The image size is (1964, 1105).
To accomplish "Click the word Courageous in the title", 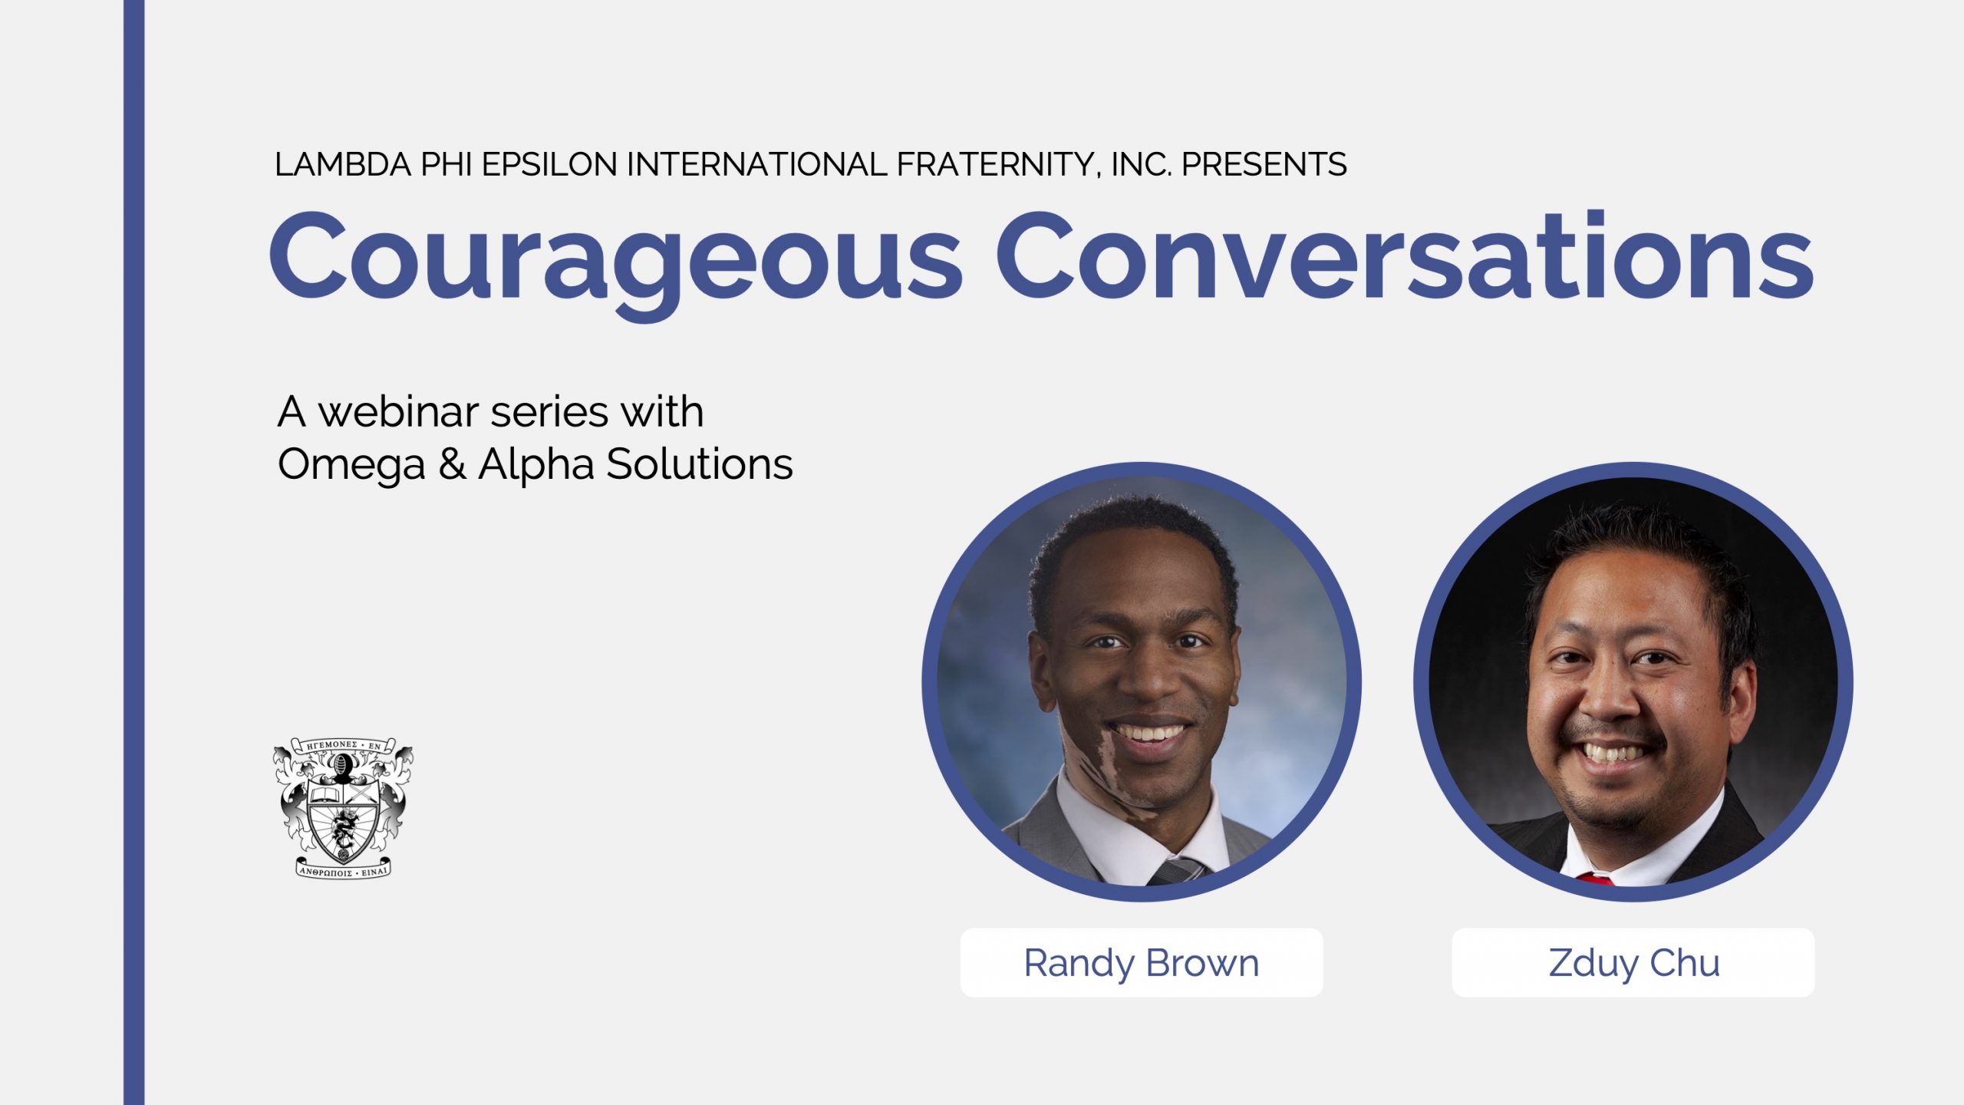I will pos(614,257).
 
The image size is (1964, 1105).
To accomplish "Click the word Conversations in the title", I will pos(1404,257).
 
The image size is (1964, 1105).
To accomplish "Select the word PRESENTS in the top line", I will pos(1264,164).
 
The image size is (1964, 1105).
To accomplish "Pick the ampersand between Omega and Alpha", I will pos(452,464).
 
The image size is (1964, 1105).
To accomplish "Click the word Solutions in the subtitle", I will pos(699,464).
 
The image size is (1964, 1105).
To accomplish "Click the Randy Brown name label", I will pos(1141,963).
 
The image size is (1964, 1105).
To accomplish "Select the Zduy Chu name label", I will pos(1633,963).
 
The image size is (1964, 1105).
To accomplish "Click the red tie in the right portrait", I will pos(1596,879).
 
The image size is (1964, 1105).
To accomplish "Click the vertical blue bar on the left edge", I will pos(133,552).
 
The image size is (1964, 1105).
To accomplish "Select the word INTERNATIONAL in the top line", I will pos(756,164).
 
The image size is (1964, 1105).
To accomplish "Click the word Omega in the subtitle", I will pos(351,464).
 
